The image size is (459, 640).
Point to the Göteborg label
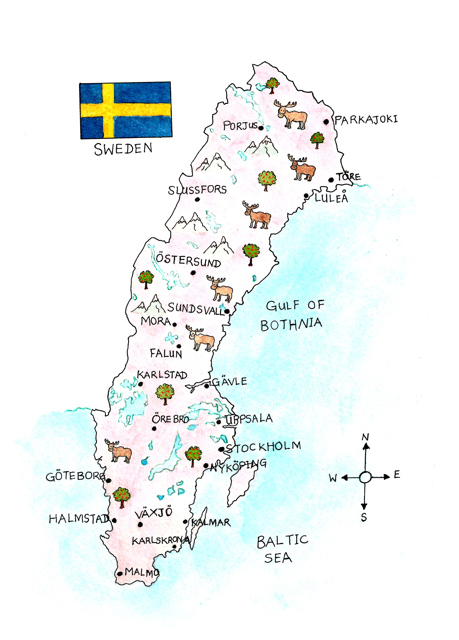[x=75, y=477]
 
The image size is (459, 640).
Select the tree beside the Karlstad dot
[x=165, y=394]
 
